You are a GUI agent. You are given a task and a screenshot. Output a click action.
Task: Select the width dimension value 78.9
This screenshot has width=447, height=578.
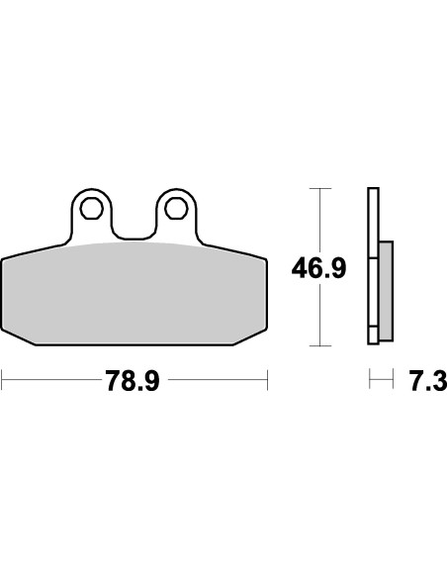point(134,380)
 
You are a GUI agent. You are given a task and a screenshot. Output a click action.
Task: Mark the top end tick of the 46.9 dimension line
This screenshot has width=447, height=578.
point(318,188)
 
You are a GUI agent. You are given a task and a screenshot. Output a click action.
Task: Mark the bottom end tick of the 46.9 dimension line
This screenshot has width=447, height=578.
point(318,345)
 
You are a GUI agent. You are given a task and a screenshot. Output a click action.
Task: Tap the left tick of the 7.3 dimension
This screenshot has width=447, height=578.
point(370,379)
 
